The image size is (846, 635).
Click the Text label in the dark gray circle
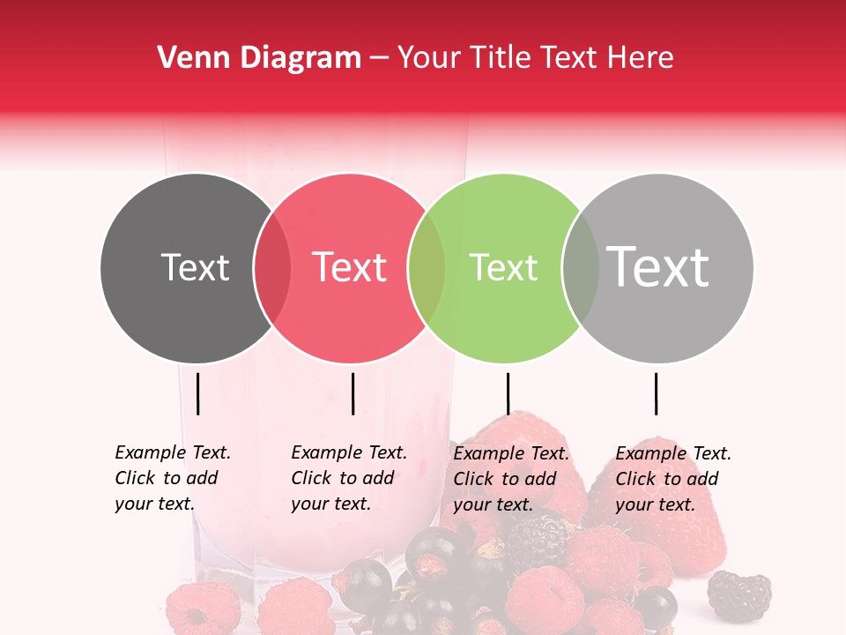[x=195, y=267]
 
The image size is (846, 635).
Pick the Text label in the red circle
[x=349, y=267]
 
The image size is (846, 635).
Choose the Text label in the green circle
[x=503, y=267]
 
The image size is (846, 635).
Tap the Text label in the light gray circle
[x=657, y=267]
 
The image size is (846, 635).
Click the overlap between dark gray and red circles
[x=272, y=268]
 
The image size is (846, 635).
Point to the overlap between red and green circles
[x=427, y=268]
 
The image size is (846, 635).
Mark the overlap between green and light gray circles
[x=581, y=268]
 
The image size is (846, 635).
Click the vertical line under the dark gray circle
[x=197, y=393]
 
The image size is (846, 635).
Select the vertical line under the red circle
[x=352, y=393]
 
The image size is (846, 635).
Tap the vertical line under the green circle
[x=508, y=393]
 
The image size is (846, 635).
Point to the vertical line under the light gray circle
[x=656, y=393]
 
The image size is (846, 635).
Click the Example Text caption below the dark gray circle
[x=172, y=478]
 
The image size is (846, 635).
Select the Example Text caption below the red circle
[x=348, y=478]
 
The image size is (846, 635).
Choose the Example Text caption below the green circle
[x=510, y=479]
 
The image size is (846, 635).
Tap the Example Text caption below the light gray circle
[x=672, y=479]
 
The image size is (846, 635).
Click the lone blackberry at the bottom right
[x=739, y=595]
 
